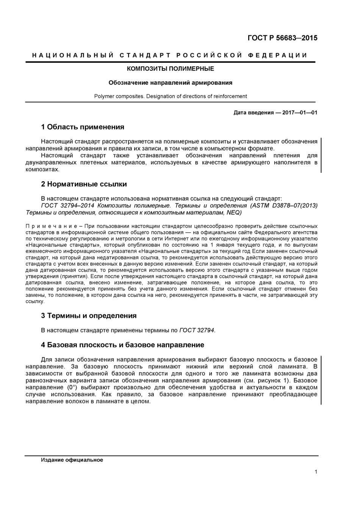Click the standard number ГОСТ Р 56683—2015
(282, 38)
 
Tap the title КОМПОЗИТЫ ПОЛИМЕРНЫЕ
(170, 69)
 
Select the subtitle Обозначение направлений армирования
(170, 83)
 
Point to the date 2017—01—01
(300, 113)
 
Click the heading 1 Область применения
(82, 127)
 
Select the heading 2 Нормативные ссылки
(84, 184)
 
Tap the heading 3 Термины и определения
(88, 316)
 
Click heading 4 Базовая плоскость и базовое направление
(122, 345)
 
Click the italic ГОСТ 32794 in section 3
(197, 330)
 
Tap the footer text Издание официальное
(72, 460)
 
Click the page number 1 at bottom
(316, 472)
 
